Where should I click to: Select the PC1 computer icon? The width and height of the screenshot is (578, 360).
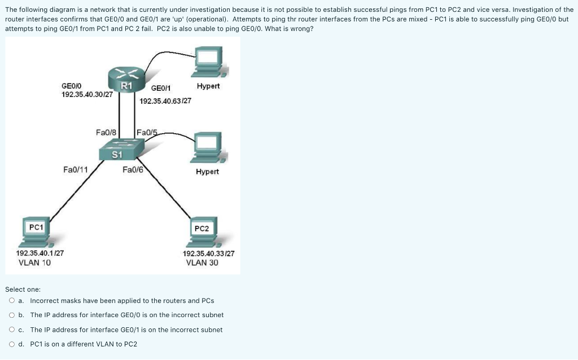click(37, 232)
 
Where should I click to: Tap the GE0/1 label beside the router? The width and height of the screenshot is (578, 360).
click(161, 88)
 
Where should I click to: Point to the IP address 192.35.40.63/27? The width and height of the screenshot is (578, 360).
click(165, 101)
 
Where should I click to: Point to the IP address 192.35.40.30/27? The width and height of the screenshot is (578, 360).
click(87, 94)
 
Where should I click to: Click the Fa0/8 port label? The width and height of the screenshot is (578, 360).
click(106, 132)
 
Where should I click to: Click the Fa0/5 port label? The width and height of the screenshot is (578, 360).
click(146, 133)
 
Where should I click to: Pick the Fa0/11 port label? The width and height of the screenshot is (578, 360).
click(75, 169)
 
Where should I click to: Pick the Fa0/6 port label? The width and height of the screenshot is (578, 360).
click(132, 169)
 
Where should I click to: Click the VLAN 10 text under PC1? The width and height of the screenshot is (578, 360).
click(34, 262)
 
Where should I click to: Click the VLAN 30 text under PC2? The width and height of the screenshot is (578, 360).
click(202, 262)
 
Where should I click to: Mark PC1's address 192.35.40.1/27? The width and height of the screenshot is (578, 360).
click(40, 254)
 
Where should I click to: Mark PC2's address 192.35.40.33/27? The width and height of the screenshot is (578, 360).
click(208, 254)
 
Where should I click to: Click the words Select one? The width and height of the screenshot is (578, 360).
click(23, 289)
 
